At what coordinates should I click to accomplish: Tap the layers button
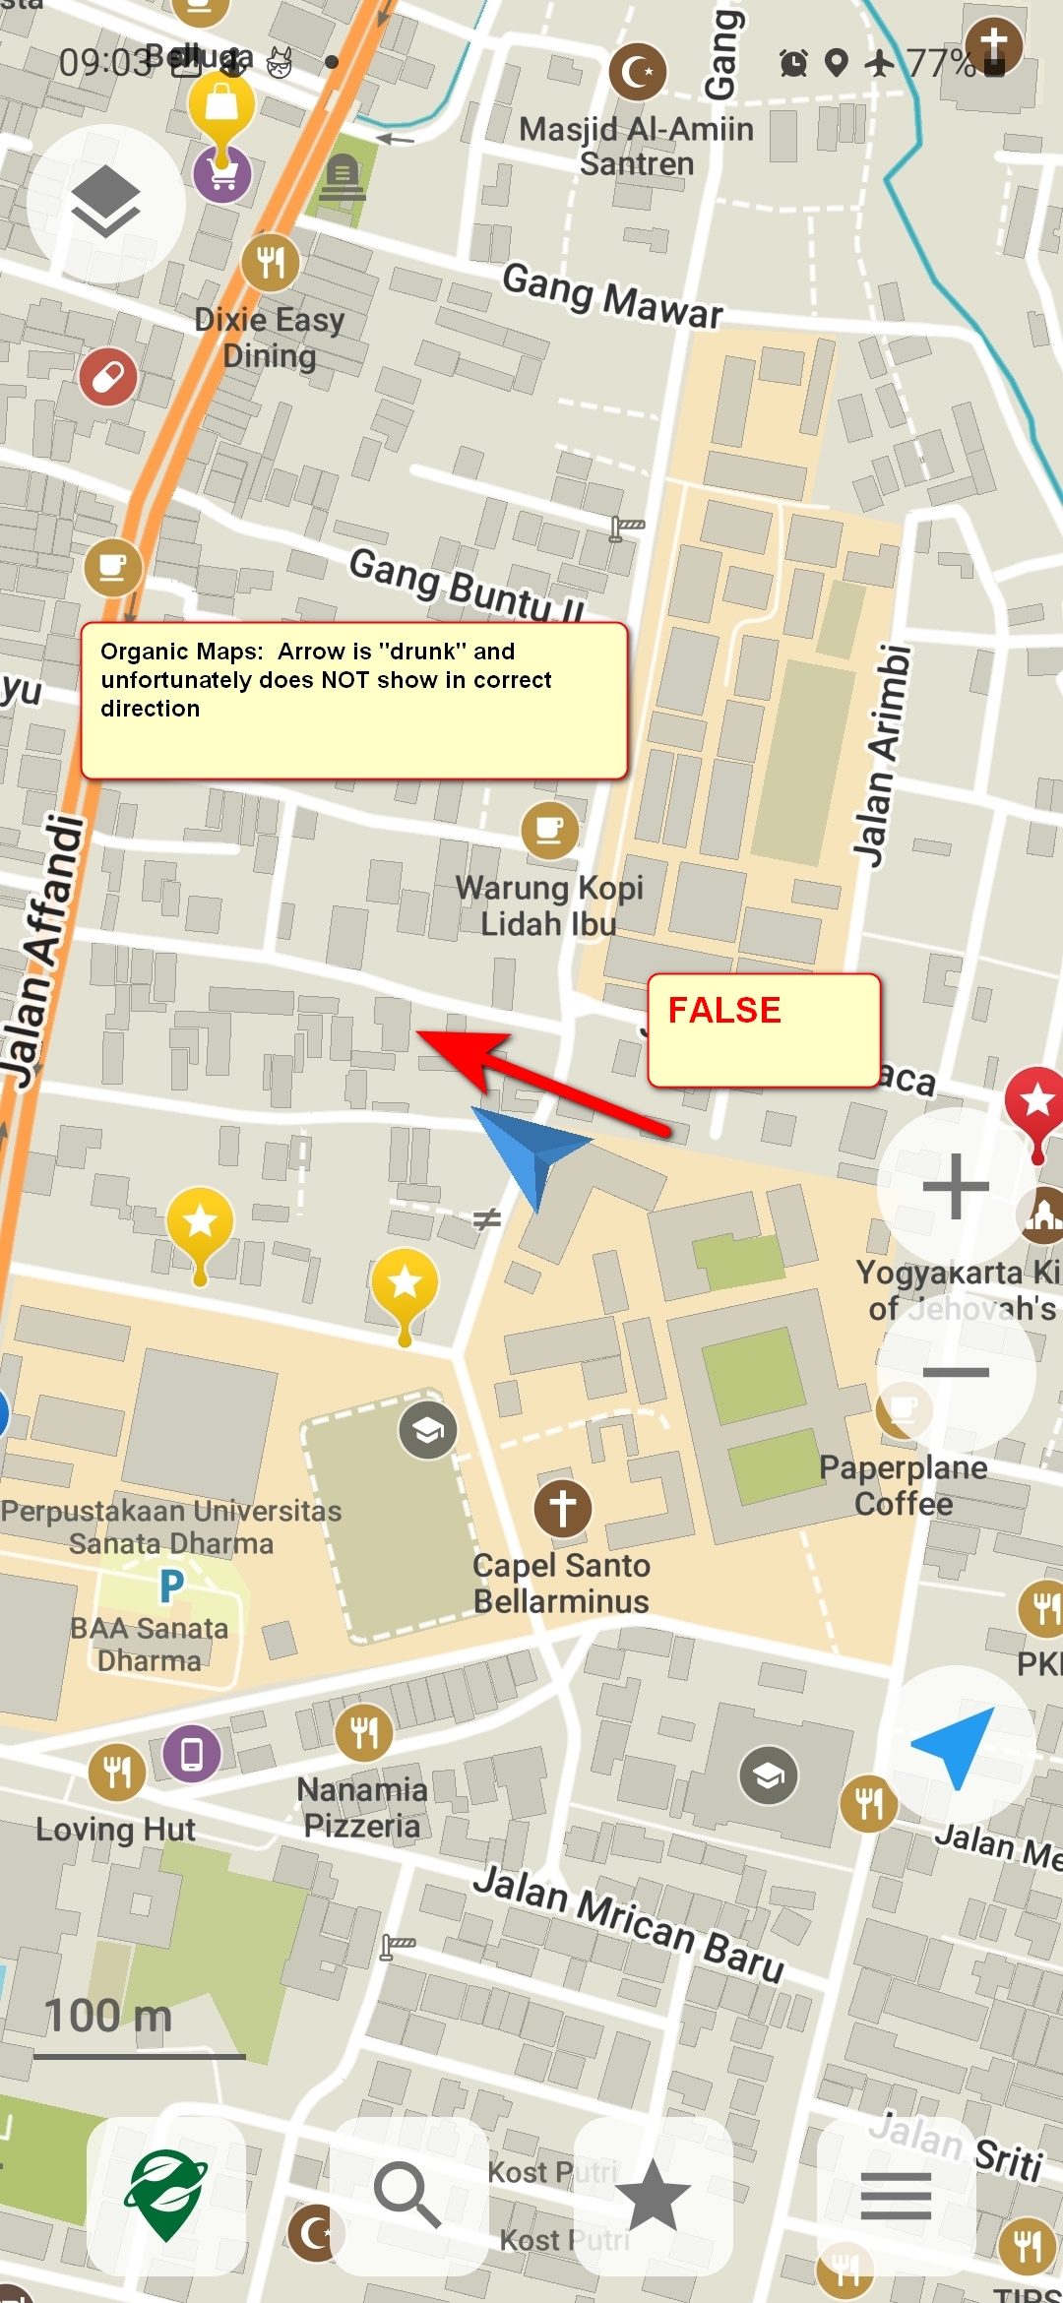(x=105, y=203)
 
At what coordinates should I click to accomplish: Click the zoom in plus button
(x=955, y=1186)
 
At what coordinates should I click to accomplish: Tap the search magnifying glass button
(x=407, y=2195)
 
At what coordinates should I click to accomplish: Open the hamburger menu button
(x=896, y=2197)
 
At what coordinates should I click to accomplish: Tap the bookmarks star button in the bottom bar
(x=653, y=2195)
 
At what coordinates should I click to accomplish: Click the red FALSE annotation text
(x=724, y=1011)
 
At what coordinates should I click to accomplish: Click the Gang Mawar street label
(x=612, y=295)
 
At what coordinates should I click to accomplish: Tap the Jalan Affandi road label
(x=44, y=950)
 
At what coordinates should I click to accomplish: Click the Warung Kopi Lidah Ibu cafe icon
(x=549, y=831)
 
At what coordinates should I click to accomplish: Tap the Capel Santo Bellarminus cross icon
(x=563, y=1508)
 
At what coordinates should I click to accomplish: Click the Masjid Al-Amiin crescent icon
(x=638, y=72)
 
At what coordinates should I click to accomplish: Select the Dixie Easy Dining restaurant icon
(x=271, y=262)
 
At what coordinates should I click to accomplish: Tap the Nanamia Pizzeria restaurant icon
(x=363, y=1732)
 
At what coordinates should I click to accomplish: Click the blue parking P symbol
(x=171, y=1586)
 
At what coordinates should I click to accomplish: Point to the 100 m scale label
(x=108, y=2016)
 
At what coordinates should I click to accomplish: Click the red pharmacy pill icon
(x=108, y=376)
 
